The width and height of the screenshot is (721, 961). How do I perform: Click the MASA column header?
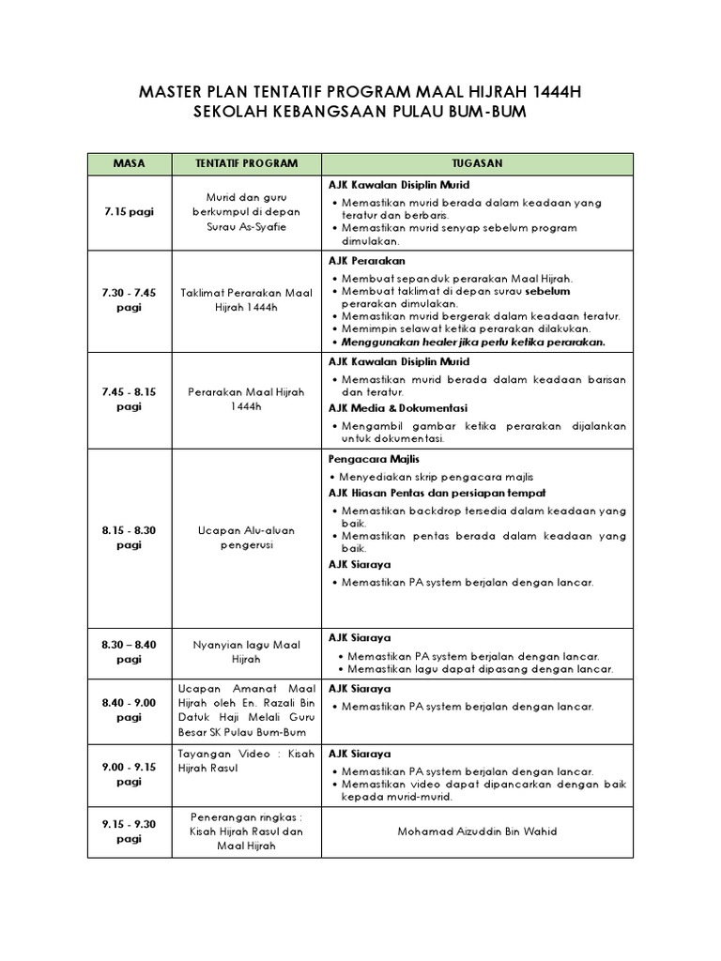[x=129, y=163]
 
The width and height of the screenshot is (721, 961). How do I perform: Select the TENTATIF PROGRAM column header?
[x=246, y=163]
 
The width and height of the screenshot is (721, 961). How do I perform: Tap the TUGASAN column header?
[x=477, y=163]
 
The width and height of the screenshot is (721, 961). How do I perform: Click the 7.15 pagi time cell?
[x=129, y=212]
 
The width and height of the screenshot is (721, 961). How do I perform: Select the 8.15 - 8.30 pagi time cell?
[x=129, y=538]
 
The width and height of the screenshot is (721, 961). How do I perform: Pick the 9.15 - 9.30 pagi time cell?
[x=129, y=831]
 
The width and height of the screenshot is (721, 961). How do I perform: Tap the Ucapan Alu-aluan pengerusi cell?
[x=246, y=538]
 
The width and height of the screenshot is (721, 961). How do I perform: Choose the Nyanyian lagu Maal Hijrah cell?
[x=246, y=652]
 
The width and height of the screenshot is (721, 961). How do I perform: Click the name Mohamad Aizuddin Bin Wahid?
[x=477, y=831]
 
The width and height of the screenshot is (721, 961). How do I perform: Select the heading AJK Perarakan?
[x=366, y=261]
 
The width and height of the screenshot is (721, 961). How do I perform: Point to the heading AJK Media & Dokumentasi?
[x=397, y=408]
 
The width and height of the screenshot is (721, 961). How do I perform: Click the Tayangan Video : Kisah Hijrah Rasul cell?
[x=246, y=761]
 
